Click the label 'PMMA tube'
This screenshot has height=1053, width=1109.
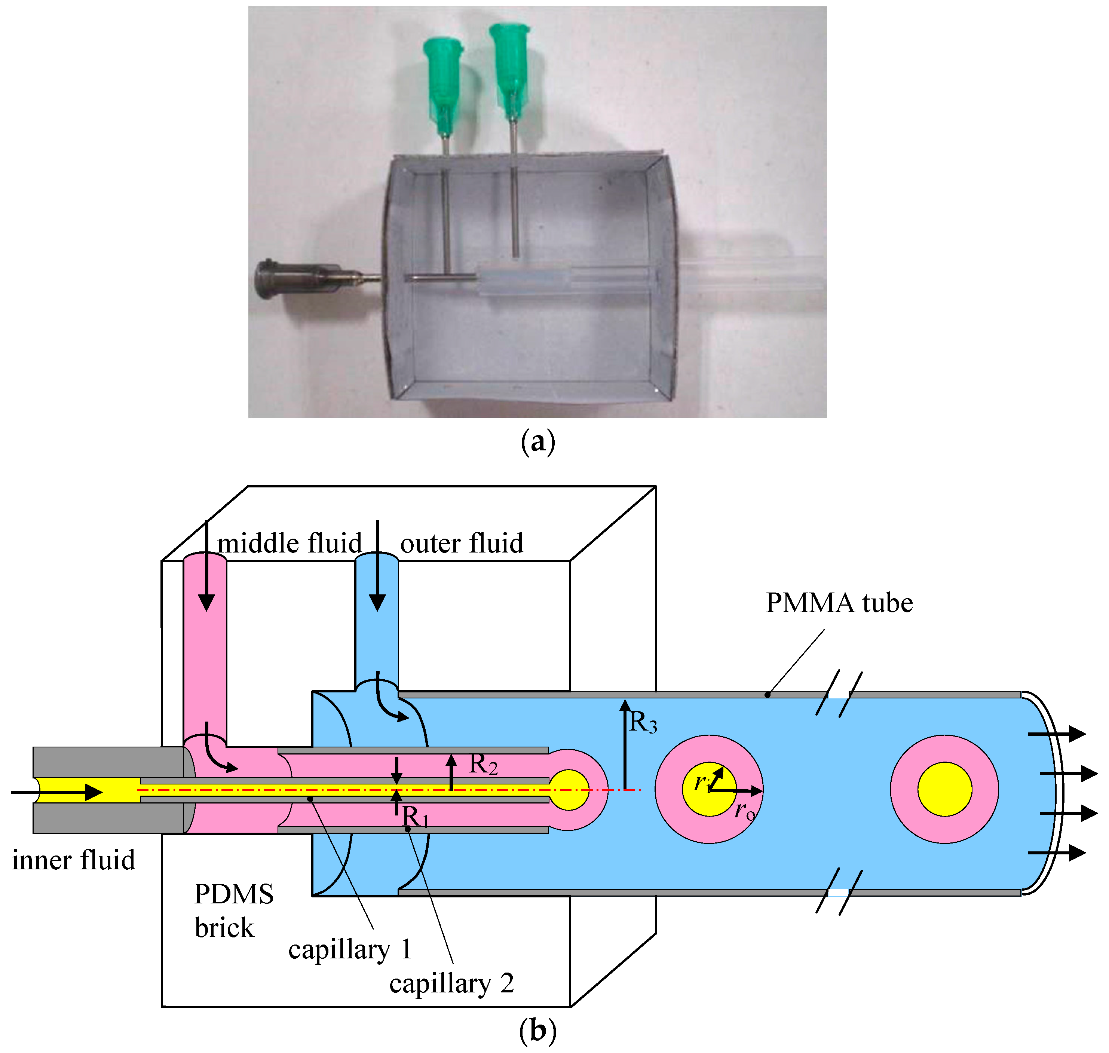(839, 603)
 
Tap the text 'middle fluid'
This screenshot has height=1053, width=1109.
(289, 544)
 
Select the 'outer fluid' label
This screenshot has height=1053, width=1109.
(461, 544)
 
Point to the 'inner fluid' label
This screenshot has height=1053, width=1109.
(74, 860)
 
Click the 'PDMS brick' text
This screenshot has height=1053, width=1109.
(233, 912)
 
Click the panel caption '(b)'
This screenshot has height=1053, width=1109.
(537, 1031)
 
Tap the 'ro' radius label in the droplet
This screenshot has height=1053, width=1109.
(745, 811)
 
